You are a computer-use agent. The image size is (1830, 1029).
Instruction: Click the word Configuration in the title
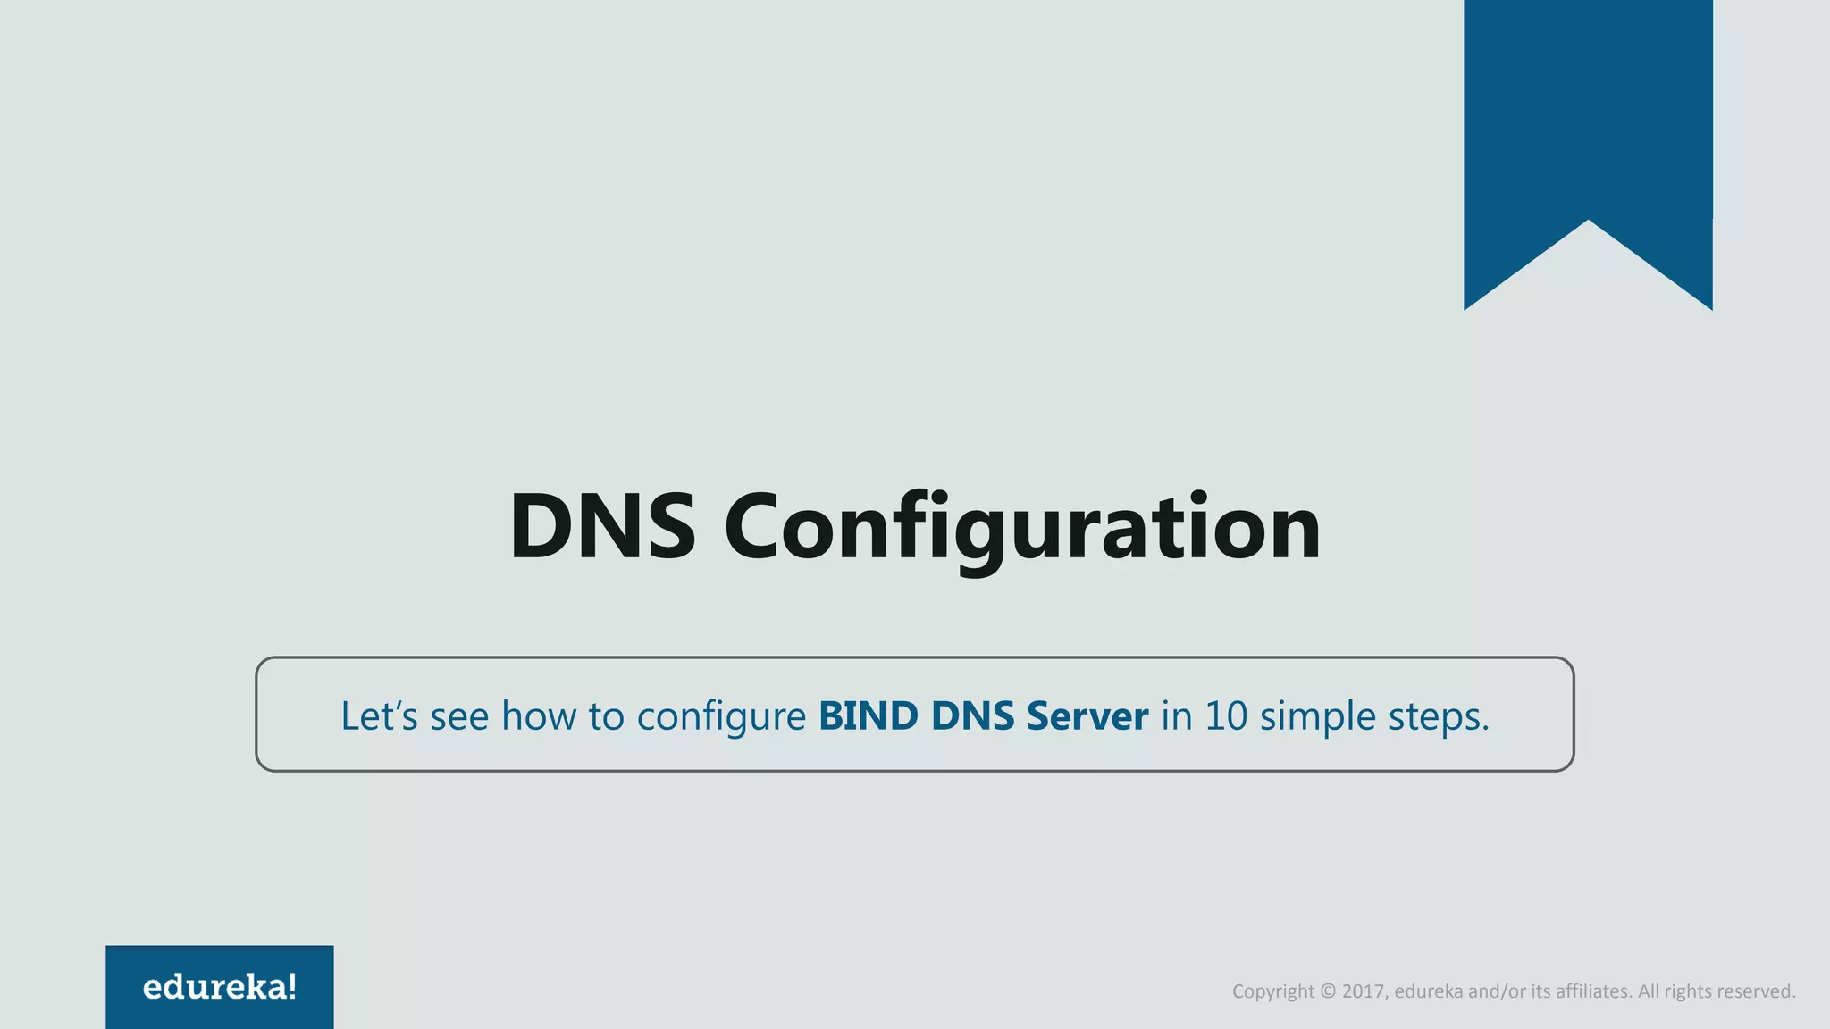click(1022, 528)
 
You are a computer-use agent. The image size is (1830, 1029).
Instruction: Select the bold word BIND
click(868, 715)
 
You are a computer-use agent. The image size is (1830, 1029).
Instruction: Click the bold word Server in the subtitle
click(1087, 715)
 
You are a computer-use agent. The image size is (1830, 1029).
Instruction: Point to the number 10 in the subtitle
click(1226, 715)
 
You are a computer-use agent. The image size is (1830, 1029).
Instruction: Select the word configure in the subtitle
click(721, 717)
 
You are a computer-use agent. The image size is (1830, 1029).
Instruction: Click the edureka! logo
click(220, 987)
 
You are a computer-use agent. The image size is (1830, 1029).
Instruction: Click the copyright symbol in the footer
click(1328, 991)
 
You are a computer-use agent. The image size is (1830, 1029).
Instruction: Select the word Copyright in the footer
click(1273, 991)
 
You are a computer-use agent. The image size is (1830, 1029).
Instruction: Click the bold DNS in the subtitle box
click(970, 715)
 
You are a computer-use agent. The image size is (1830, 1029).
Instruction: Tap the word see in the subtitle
click(459, 717)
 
